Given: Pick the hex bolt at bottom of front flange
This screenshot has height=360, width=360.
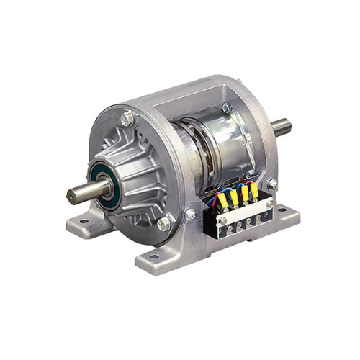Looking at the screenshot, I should [164, 224].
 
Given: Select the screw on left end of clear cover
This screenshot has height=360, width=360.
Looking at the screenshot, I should [222, 220].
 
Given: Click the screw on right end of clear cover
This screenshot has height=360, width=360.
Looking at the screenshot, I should [269, 204].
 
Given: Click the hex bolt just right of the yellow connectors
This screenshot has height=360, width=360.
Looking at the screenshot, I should [273, 185].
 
